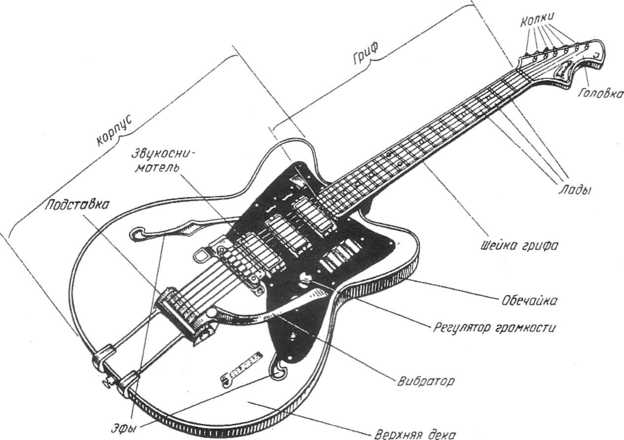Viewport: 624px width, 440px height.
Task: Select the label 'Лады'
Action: (x=575, y=189)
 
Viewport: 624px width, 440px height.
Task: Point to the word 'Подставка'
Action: (x=77, y=204)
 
